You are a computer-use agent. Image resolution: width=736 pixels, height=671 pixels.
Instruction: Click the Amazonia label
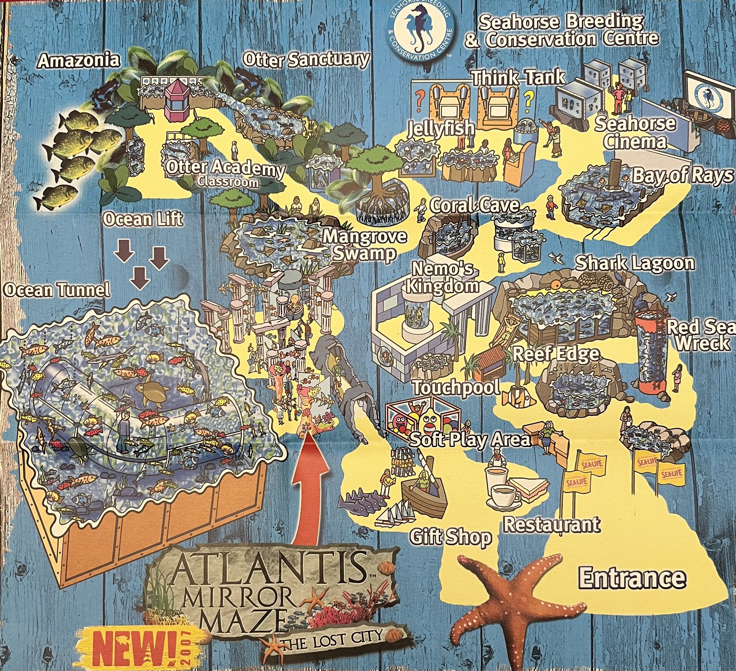79,61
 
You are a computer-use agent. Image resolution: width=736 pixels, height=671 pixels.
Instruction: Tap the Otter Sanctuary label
306,59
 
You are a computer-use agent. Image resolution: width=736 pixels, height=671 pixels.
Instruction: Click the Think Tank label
518,77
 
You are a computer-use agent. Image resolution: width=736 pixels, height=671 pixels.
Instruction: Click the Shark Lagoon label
635,263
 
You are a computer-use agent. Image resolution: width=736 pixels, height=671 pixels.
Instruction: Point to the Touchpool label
456,387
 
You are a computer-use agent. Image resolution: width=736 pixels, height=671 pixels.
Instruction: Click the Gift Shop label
451,537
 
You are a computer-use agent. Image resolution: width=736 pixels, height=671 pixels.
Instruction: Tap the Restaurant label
552,524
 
